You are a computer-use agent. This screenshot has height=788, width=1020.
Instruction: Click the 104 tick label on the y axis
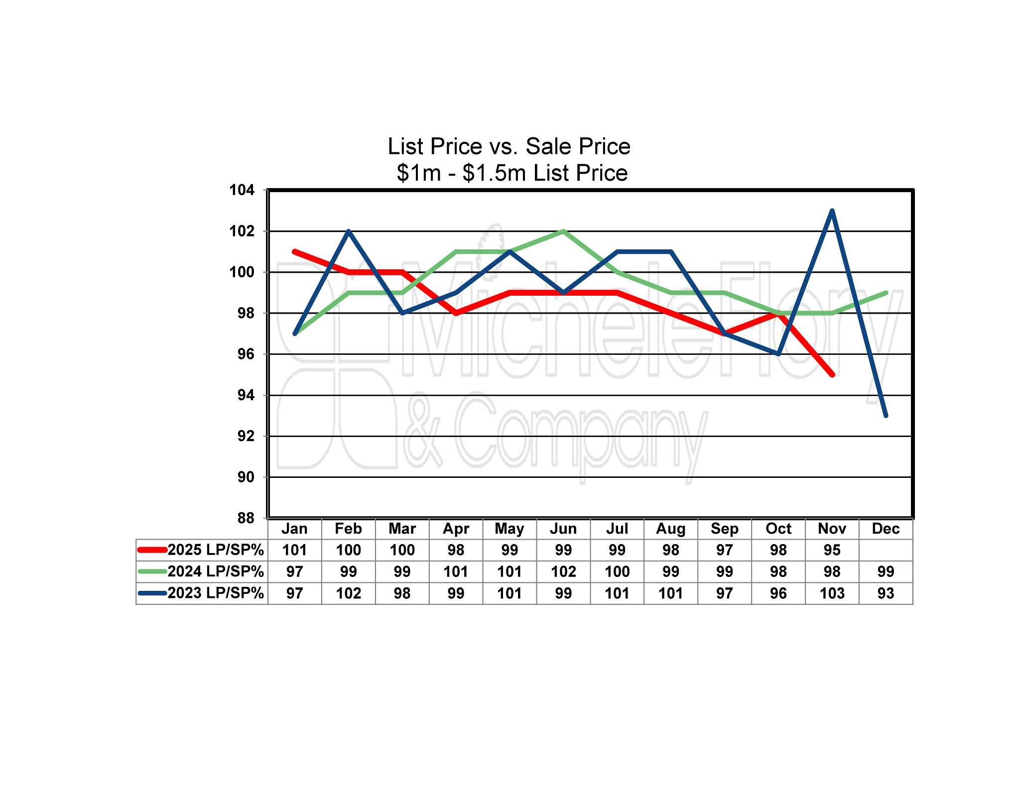coord(242,190)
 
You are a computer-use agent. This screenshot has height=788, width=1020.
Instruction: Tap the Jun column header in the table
coord(563,529)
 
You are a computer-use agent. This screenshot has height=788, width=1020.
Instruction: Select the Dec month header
coord(886,529)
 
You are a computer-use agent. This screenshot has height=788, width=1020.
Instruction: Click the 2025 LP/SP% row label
coord(215,550)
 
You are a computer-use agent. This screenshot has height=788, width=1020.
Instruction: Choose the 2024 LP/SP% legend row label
coord(215,571)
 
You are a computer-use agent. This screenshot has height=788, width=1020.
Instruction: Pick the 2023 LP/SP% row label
coord(215,593)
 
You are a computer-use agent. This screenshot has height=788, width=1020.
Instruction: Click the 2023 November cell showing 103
coord(832,593)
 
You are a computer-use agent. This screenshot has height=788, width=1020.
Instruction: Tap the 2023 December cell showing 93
coord(886,593)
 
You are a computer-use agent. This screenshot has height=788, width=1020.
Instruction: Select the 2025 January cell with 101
coord(294,550)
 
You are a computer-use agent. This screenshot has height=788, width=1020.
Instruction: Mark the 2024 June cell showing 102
coord(563,571)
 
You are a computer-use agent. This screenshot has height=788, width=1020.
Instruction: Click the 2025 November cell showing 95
coord(832,550)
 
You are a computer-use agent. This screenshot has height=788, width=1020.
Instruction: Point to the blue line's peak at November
coord(832,211)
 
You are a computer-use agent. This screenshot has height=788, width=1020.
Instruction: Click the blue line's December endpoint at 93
coord(886,415)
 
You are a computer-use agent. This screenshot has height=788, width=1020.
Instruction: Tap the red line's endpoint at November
coord(832,374)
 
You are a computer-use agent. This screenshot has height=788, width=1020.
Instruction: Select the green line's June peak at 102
coord(563,231)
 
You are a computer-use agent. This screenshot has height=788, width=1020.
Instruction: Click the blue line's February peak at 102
coord(349,231)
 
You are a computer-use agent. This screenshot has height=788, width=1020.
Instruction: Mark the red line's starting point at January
coord(295,252)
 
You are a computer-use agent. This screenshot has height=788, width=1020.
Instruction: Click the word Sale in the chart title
coord(547,146)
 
